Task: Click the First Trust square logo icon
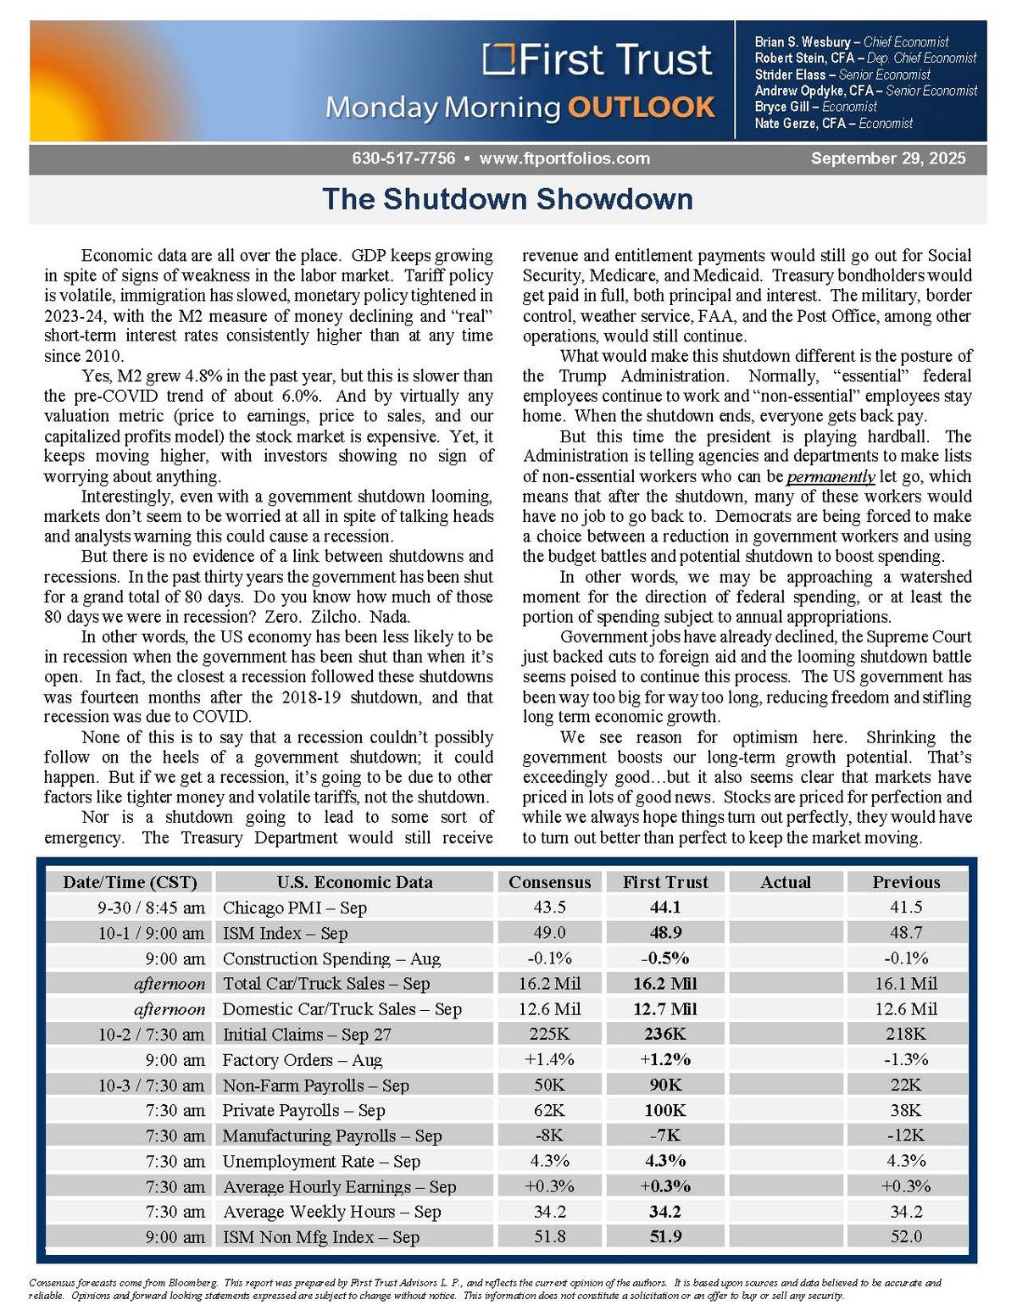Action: click(x=499, y=59)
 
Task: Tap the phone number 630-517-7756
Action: click(x=403, y=158)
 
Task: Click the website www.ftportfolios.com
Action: click(x=564, y=158)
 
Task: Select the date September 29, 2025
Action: click(x=887, y=158)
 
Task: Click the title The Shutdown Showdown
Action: click(x=508, y=199)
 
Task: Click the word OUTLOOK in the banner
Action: click(x=642, y=108)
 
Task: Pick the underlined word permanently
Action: click(x=819, y=476)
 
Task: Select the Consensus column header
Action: click(x=549, y=882)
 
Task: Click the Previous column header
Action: click(x=906, y=882)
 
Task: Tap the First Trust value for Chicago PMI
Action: click(x=665, y=908)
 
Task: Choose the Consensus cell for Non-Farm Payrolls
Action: click(x=549, y=1085)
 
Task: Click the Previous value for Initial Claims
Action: click(x=906, y=1034)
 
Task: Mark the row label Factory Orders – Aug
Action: click(x=303, y=1059)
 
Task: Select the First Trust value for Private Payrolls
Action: click(x=665, y=1110)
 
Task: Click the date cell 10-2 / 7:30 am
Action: click(x=151, y=1034)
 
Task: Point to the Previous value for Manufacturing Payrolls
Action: click(x=906, y=1136)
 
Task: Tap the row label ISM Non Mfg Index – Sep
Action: click(x=321, y=1237)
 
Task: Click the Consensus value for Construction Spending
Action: click(x=549, y=958)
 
